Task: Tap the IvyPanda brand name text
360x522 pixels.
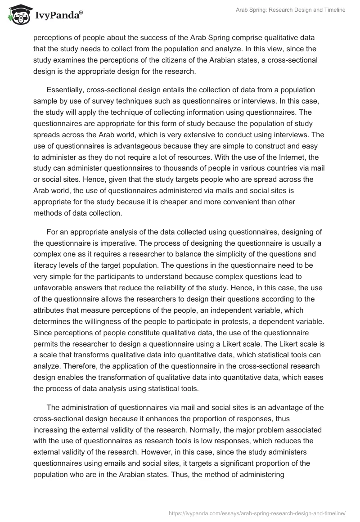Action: click(58, 16)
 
